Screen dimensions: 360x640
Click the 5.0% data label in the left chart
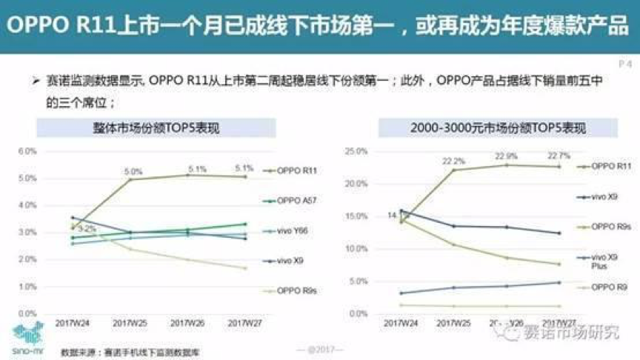tap(133, 172)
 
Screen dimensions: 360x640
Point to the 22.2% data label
tap(453, 161)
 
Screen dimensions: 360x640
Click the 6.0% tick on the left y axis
tap(27, 151)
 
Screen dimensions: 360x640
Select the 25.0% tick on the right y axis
tap(356, 151)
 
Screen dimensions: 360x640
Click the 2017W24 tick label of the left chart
tap(72, 324)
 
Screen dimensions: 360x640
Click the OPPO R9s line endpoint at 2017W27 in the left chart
tap(245, 268)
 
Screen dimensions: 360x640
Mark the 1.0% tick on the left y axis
tap(27, 286)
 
